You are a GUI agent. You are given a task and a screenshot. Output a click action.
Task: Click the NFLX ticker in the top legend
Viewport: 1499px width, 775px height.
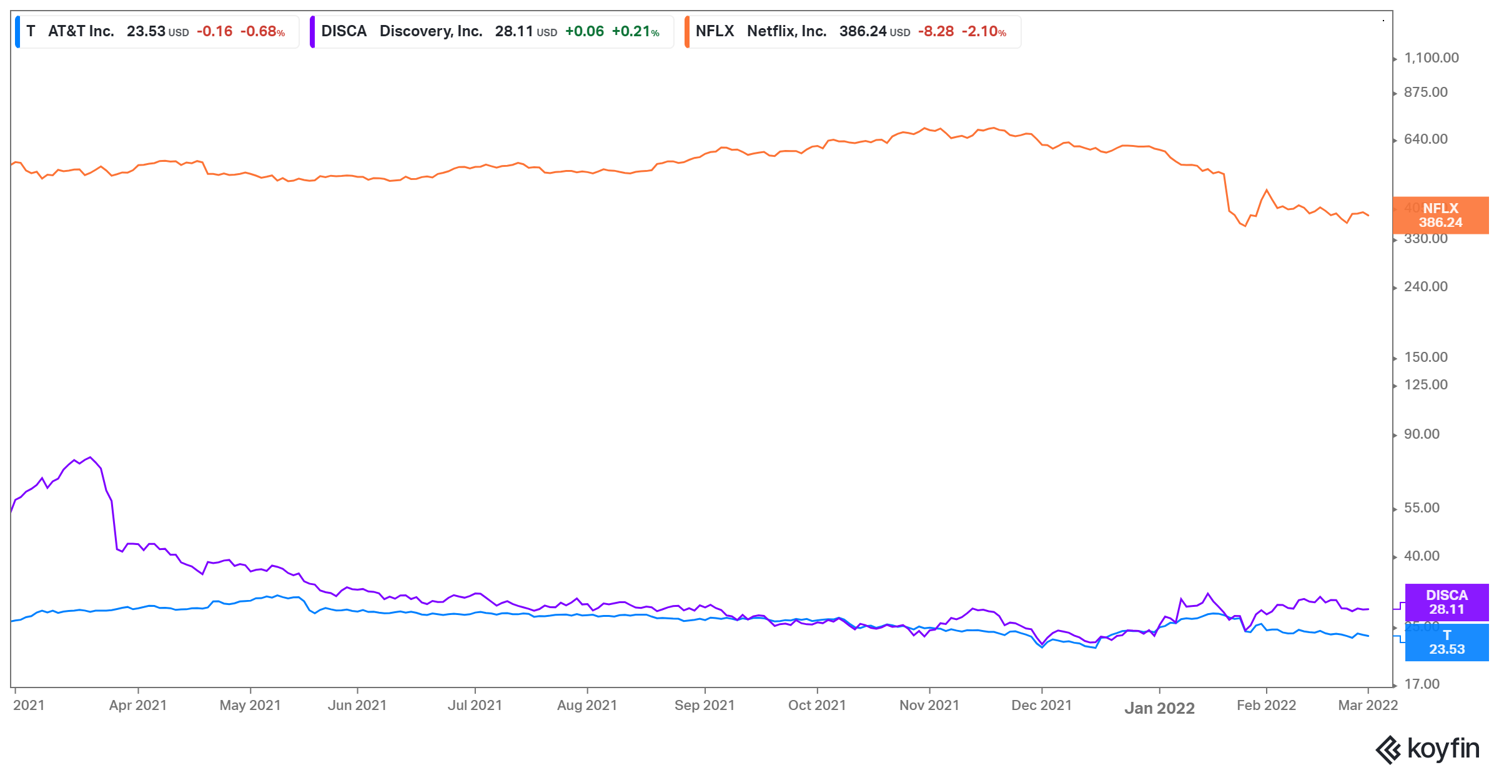(715, 31)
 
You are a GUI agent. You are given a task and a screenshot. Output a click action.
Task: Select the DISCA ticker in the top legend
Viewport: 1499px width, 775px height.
(344, 31)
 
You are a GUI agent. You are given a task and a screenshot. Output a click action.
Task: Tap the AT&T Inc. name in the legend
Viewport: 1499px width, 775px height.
(81, 31)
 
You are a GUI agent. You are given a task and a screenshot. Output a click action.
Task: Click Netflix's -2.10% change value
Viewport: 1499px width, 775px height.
(984, 31)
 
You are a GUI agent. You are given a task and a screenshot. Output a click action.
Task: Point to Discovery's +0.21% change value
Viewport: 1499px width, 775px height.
(635, 31)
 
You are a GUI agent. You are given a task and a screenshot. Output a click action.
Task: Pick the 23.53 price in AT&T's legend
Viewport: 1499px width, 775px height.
(146, 31)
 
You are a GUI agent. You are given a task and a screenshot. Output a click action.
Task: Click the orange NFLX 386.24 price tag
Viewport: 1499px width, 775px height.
(1440, 216)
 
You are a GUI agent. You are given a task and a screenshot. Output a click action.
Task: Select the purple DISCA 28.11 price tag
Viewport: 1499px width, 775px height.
(1447, 602)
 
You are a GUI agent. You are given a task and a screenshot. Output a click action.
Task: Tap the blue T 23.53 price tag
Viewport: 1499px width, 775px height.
(1447, 642)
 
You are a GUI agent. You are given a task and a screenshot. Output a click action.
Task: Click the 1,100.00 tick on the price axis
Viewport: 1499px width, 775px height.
(1431, 58)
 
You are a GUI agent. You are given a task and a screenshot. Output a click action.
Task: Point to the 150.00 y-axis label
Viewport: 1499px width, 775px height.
(1425, 357)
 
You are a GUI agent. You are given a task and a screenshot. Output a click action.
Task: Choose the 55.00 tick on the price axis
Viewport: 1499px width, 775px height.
(1422, 508)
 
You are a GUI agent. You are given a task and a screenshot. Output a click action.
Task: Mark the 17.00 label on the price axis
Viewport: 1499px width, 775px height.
(1422, 684)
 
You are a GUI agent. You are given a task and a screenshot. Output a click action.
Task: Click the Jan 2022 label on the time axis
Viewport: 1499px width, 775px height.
(1159, 708)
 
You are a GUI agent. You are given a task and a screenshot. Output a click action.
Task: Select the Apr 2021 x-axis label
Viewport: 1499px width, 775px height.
(138, 706)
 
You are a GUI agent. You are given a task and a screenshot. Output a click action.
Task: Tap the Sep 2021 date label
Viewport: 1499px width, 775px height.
(705, 706)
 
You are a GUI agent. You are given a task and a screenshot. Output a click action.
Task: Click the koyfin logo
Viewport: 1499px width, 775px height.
(1428, 749)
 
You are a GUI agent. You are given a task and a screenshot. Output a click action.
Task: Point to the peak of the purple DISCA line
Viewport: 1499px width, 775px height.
(91, 457)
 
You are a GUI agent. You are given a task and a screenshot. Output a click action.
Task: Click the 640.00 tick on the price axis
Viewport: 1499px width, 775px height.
(1425, 139)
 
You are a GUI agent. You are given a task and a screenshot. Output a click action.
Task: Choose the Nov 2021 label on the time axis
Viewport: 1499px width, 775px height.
(929, 706)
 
